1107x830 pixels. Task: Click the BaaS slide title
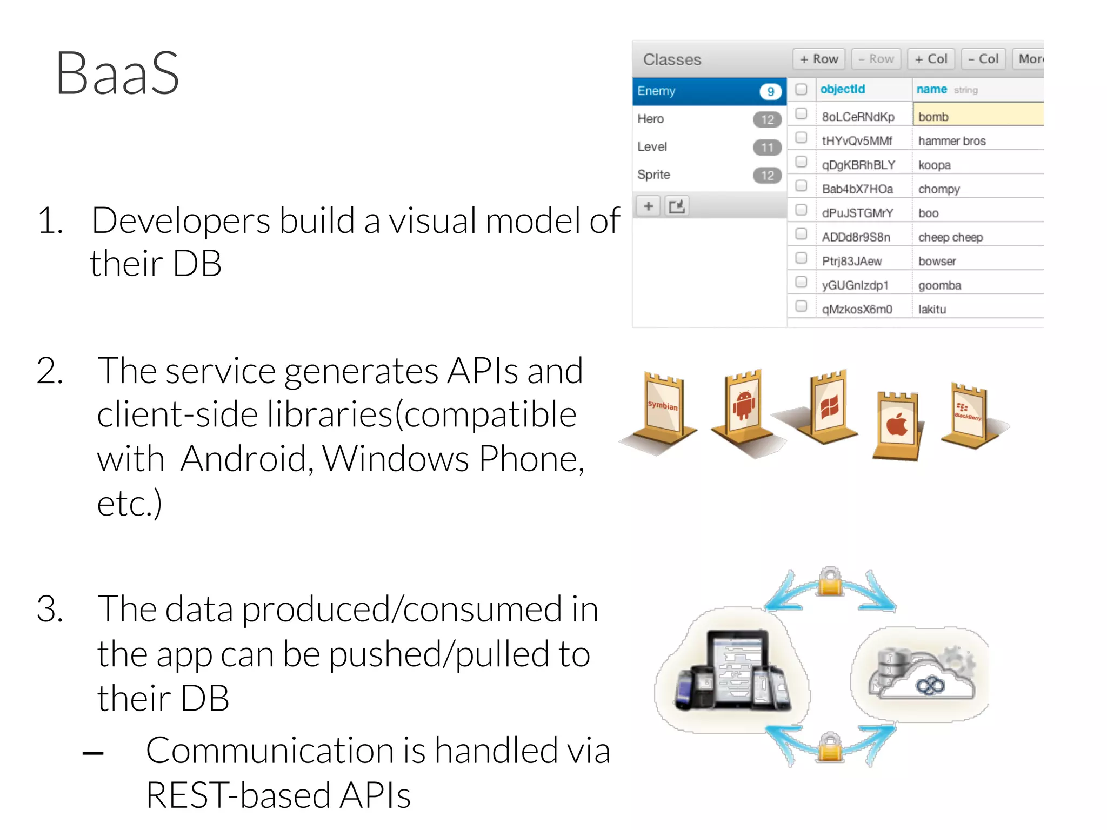117,74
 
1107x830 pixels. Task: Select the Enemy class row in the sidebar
697,91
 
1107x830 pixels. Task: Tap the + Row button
819,59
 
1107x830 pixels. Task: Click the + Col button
931,59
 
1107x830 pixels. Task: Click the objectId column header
843,89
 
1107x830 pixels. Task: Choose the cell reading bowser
937,261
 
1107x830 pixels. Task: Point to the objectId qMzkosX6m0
857,309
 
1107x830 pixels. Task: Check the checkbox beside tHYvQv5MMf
801,138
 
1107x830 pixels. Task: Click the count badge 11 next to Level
767,147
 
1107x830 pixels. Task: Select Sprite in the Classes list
653,175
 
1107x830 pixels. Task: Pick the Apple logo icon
897,425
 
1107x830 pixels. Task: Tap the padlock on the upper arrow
830,582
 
